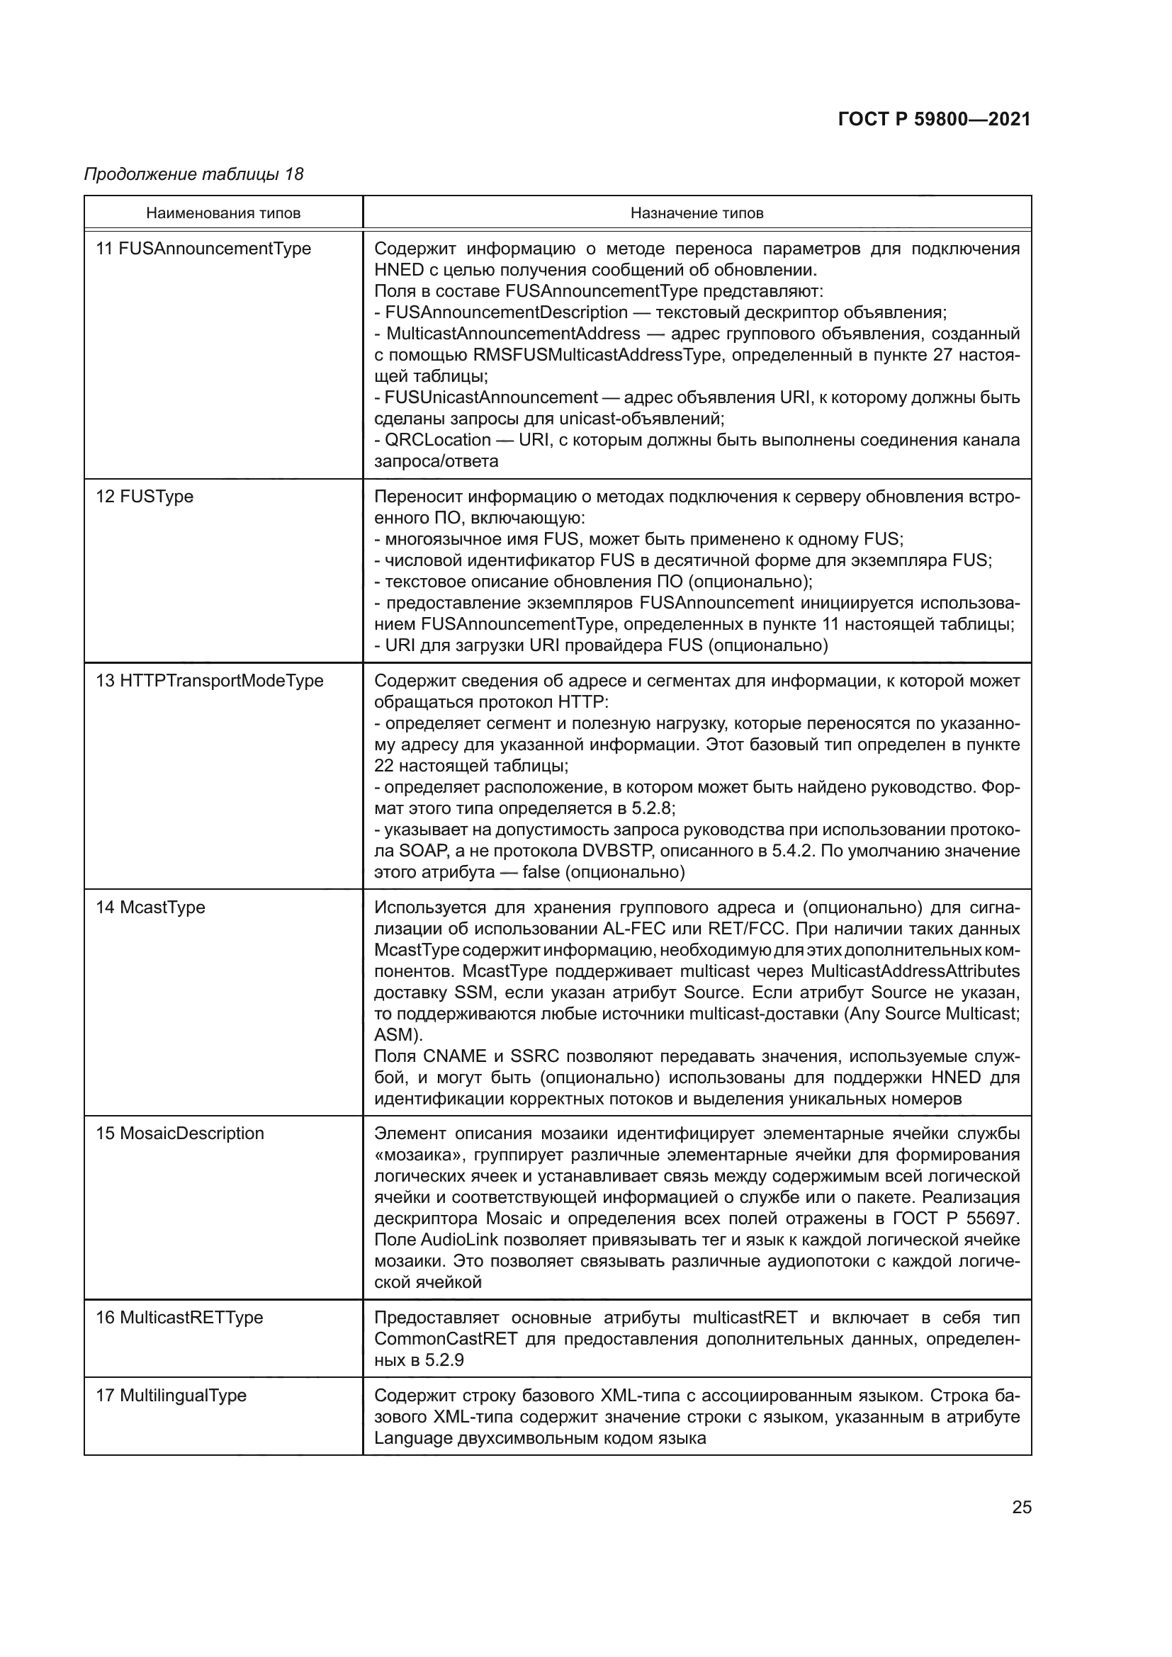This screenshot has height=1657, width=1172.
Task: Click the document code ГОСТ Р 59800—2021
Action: (934, 120)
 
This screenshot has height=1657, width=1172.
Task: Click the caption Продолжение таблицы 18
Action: (193, 174)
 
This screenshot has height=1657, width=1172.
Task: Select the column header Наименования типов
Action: (223, 213)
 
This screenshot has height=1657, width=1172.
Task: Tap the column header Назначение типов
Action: (697, 213)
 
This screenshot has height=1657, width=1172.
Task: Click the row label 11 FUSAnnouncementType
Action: (203, 249)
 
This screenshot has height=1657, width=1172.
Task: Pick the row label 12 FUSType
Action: (145, 497)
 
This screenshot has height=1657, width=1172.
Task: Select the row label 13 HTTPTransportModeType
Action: (209, 681)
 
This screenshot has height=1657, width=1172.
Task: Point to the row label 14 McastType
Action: (150, 907)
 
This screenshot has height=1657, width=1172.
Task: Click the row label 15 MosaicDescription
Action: (180, 1133)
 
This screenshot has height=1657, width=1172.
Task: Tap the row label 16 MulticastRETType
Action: (179, 1317)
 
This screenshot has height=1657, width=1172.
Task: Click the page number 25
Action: (1021, 1507)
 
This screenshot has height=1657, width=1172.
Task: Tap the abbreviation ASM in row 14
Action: (395, 1035)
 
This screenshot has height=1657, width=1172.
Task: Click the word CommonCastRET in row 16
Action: (446, 1339)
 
